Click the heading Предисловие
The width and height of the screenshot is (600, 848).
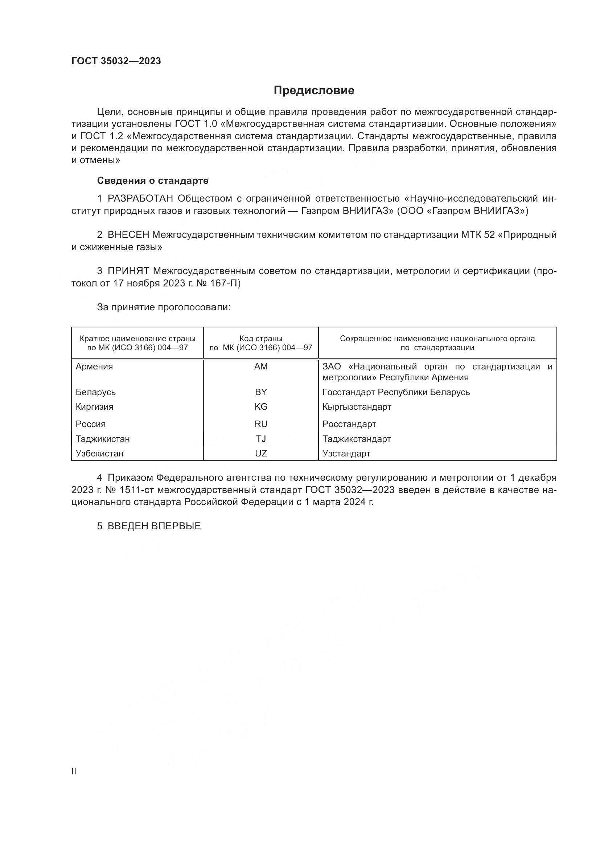coord(314,91)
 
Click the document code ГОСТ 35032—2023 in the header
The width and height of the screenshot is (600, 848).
coord(116,61)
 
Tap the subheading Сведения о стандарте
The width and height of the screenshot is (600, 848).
coord(153,181)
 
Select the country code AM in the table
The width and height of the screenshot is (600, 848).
coord(261,367)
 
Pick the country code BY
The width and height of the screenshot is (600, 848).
coord(261,392)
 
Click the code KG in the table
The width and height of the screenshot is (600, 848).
coord(261,407)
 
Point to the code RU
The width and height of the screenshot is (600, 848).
coord(261,424)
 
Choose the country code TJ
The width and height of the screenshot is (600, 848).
coord(261,439)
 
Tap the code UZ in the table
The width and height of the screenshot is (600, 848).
coord(261,453)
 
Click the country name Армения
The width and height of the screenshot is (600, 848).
coord(94,367)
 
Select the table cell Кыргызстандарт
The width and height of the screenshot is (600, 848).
coord(357,407)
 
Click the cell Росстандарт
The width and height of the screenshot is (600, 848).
coord(349,424)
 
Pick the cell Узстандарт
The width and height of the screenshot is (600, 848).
coord(346,453)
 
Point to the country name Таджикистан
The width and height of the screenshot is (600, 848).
coord(103,439)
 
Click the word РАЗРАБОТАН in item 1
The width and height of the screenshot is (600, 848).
coord(140,199)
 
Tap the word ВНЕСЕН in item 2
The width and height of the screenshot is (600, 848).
coord(128,235)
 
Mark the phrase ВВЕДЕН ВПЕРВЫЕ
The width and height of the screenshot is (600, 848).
coord(154,526)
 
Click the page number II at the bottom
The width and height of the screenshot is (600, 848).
coord(74,772)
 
